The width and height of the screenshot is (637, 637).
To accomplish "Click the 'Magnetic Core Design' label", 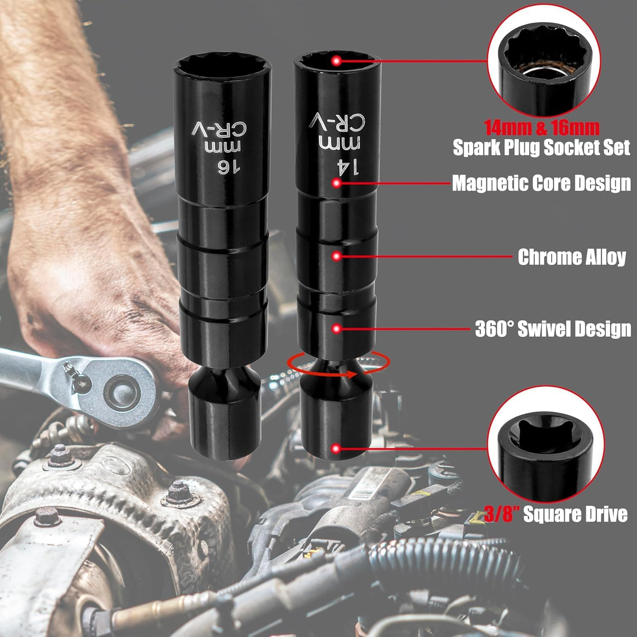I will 541,183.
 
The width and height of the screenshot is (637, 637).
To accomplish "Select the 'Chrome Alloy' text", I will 572,257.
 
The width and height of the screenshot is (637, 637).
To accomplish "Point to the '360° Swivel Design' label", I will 553,329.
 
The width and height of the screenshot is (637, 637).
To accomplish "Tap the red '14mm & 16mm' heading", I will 541,127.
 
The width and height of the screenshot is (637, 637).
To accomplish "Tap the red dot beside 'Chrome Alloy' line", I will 337,256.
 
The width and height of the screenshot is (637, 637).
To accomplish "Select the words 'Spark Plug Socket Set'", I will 541,147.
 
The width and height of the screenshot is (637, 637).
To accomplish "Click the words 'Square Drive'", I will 575,514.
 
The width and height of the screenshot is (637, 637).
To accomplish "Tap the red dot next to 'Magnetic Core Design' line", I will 337,183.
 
